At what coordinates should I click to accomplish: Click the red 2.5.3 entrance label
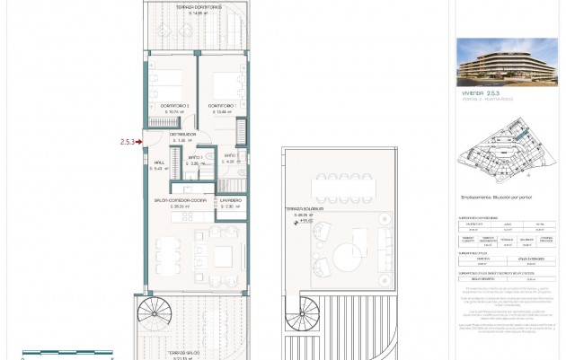tap(127, 141)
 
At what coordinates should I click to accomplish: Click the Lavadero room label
tap(231, 202)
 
